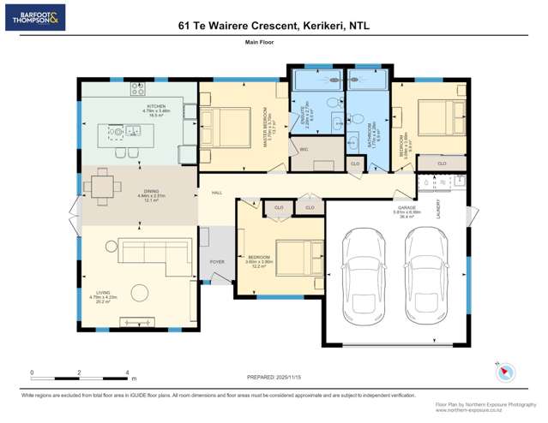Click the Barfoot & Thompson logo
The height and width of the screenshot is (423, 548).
pyautogui.click(x=34, y=17)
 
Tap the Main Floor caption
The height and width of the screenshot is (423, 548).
pyautogui.click(x=274, y=52)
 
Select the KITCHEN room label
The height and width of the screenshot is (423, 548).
pyautogui.click(x=131, y=105)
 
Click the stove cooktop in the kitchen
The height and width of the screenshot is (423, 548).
pyautogui.click(x=139, y=87)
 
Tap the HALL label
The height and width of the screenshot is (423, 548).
pyautogui.click(x=217, y=193)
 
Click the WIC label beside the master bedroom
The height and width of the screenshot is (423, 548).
pyautogui.click(x=304, y=150)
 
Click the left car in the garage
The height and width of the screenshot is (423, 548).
pyautogui.click(x=361, y=273)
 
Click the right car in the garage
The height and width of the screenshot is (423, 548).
pyautogui.click(x=425, y=273)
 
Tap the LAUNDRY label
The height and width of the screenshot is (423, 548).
pyautogui.click(x=438, y=210)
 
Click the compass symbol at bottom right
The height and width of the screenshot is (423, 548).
pyautogui.click(x=505, y=372)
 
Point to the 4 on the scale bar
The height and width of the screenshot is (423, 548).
pyautogui.click(x=127, y=372)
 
